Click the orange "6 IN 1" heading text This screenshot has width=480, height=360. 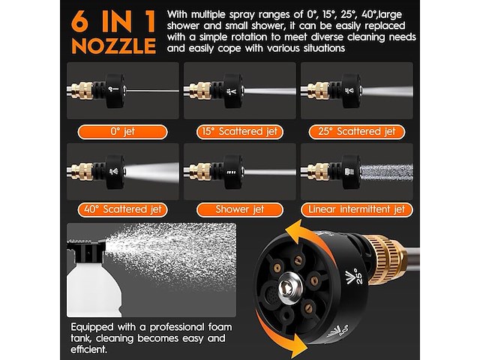113,22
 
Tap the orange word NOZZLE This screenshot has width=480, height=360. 113,46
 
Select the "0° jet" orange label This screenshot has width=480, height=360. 122,132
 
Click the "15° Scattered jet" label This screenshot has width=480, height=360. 240,132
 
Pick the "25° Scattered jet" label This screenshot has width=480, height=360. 357,132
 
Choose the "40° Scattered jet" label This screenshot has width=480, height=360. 122,210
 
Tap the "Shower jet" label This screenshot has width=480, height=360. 240,210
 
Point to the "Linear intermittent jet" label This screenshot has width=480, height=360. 357,210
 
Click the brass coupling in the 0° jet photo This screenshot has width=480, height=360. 82,91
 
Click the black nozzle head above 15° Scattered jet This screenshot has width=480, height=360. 233,91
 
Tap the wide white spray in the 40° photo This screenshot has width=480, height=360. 152,172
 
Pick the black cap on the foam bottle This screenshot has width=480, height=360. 87,251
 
